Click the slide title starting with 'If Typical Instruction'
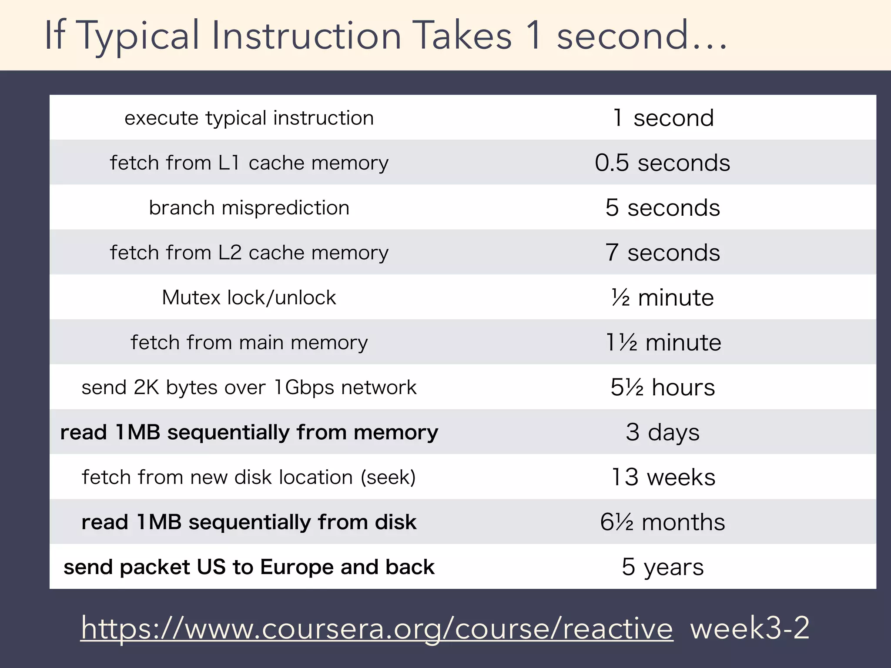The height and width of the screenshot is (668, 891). [x=385, y=36]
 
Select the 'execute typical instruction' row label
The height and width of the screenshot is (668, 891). [x=249, y=118]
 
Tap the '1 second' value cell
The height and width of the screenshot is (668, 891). [x=663, y=118]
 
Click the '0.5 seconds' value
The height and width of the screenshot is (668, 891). [x=662, y=163]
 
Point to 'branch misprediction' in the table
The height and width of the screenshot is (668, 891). [x=249, y=208]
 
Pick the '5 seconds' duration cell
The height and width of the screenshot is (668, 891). [x=662, y=208]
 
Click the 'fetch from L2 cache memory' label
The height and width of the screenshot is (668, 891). [x=249, y=253]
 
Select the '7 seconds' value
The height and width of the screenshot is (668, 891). [x=662, y=253]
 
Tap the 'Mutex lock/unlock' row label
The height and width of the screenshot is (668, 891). [x=249, y=298]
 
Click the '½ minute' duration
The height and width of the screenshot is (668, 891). [x=662, y=298]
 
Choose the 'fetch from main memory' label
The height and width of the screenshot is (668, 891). [x=249, y=343]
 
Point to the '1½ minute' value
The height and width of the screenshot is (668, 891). [x=663, y=343]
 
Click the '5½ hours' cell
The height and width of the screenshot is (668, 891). [x=662, y=387]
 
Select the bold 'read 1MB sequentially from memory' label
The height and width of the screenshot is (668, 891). [x=249, y=433]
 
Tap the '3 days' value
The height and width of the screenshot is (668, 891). [x=662, y=433]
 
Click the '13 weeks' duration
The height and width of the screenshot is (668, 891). [x=663, y=478]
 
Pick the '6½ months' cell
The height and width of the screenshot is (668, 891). [x=662, y=522]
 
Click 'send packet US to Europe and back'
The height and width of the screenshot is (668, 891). [x=249, y=567]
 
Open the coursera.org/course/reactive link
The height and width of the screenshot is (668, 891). [x=377, y=628]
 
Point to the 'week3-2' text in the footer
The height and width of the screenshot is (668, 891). [x=749, y=628]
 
